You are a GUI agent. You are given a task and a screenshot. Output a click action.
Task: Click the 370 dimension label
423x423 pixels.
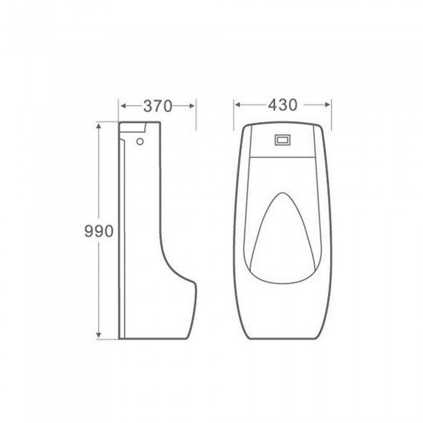tap(158, 106)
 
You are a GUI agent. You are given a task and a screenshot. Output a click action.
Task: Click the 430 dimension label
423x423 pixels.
tap(282, 105)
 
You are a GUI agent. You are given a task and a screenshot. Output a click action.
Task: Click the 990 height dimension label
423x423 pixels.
tap(98, 231)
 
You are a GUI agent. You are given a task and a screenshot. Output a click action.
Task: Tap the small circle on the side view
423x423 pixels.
tap(140, 141)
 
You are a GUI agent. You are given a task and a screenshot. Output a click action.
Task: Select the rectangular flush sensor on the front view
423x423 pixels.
tap(283, 140)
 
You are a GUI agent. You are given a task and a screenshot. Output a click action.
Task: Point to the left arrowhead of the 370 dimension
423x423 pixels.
tap(123, 106)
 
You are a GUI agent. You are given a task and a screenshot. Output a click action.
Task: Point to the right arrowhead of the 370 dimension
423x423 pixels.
tap(192, 106)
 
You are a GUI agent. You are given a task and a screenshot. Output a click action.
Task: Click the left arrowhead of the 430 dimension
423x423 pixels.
tap(237, 105)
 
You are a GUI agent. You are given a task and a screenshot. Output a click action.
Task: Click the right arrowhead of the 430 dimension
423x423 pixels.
tap(327, 105)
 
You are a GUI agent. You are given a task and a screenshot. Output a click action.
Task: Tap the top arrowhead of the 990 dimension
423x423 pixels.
tap(98, 126)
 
